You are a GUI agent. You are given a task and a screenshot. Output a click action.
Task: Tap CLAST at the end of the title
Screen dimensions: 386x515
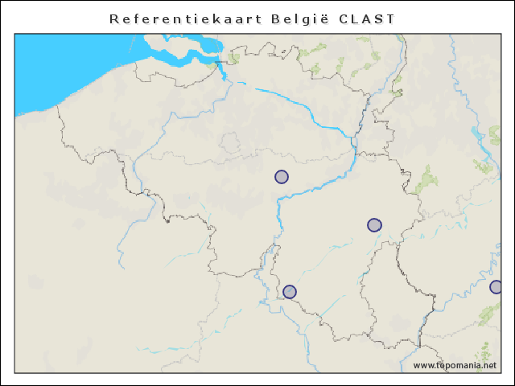(x=367, y=18)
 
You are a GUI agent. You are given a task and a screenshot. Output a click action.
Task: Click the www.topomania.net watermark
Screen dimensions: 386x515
(x=461, y=365)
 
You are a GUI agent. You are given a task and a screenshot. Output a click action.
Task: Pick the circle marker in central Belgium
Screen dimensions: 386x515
(x=282, y=177)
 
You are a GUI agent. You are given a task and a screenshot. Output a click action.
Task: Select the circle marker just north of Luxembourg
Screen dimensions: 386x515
(x=374, y=225)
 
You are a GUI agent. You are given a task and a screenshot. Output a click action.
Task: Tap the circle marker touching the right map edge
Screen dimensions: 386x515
(x=496, y=287)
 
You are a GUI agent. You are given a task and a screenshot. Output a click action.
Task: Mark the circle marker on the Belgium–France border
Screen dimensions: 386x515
(x=290, y=291)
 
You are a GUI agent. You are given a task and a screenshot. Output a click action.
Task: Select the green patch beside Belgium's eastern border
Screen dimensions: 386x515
(x=424, y=179)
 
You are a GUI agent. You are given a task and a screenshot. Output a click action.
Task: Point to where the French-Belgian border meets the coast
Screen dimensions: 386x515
(x=59, y=105)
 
